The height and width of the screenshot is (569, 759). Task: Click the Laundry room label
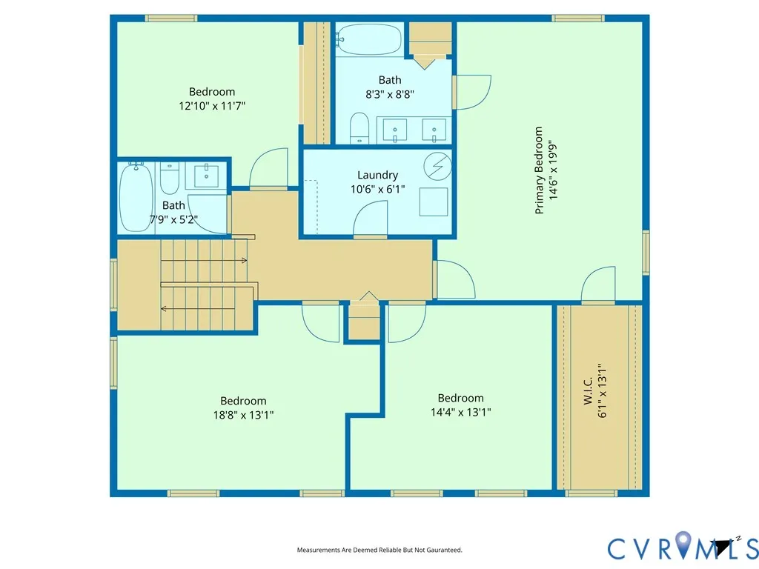(x=377, y=175)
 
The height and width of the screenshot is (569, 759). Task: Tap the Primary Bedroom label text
(x=539, y=170)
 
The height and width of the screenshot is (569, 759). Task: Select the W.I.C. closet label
(x=588, y=391)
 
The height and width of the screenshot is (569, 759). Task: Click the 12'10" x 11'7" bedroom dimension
(x=212, y=106)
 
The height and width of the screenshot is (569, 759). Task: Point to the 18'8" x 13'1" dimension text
(x=243, y=415)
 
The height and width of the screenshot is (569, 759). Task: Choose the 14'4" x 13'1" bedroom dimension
(x=461, y=412)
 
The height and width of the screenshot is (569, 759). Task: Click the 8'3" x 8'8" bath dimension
(x=390, y=94)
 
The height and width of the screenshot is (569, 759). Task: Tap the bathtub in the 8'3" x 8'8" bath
(x=369, y=39)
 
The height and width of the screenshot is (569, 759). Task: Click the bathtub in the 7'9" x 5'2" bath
(x=136, y=197)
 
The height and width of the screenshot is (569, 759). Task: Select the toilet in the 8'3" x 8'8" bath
(x=359, y=128)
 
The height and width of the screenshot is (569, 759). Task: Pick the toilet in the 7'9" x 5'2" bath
(x=170, y=178)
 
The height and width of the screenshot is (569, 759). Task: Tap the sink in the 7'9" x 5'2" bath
(x=206, y=176)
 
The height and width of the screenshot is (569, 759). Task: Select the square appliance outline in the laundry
(x=434, y=202)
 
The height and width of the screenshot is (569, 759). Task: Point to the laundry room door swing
(x=371, y=219)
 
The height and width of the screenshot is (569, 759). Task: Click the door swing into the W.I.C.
(x=598, y=284)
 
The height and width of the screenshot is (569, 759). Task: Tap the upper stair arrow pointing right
(x=204, y=260)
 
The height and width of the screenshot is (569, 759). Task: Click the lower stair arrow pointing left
(x=198, y=309)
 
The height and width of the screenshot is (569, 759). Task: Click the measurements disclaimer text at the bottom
(x=379, y=550)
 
